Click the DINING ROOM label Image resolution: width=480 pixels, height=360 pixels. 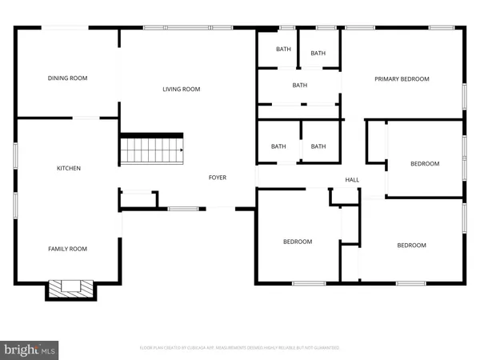point(67,78)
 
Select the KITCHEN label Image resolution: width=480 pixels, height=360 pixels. point(68,168)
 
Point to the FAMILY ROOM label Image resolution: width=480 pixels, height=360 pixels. point(67,249)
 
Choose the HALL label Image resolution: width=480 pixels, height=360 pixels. point(352,180)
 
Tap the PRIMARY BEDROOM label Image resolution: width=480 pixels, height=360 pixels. point(402,79)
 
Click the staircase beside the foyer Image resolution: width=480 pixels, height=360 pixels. point(151,150)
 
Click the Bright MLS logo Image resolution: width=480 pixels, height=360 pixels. point(30,349)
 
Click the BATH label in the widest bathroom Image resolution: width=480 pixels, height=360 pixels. point(299,86)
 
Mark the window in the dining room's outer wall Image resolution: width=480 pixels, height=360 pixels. point(65,29)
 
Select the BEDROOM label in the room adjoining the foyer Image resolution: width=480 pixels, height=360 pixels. point(297,242)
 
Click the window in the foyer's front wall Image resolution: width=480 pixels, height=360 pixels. point(183,209)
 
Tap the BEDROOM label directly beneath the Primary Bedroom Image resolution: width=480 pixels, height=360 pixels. point(425,164)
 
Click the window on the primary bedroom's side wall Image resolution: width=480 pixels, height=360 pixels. point(464,95)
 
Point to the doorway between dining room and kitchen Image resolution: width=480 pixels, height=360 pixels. point(86,118)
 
